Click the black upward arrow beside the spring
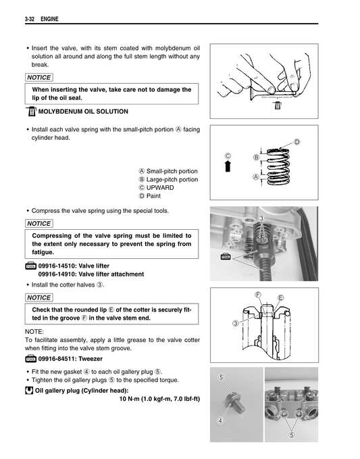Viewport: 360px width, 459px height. tap(228, 167)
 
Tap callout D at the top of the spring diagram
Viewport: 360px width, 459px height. tap(297, 141)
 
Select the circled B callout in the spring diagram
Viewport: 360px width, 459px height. tap(256, 158)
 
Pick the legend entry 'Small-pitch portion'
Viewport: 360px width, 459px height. tap(168, 171)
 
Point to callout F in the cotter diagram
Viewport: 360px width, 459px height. tap(259, 294)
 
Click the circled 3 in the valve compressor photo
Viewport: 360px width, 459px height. tap(261, 218)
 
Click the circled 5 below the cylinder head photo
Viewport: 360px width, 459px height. tap(291, 435)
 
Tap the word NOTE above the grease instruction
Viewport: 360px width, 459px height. tap(34, 332)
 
